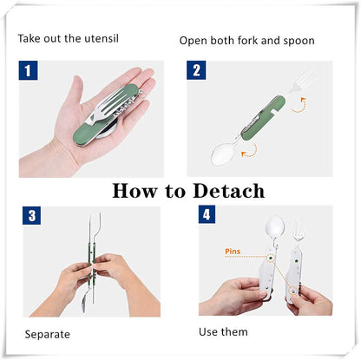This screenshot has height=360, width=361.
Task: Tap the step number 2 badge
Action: click(199, 72)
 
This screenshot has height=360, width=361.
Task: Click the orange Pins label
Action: click(234, 252)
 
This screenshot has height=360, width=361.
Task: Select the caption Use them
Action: click(222, 331)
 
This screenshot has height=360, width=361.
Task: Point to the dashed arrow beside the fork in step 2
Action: click(299, 108)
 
